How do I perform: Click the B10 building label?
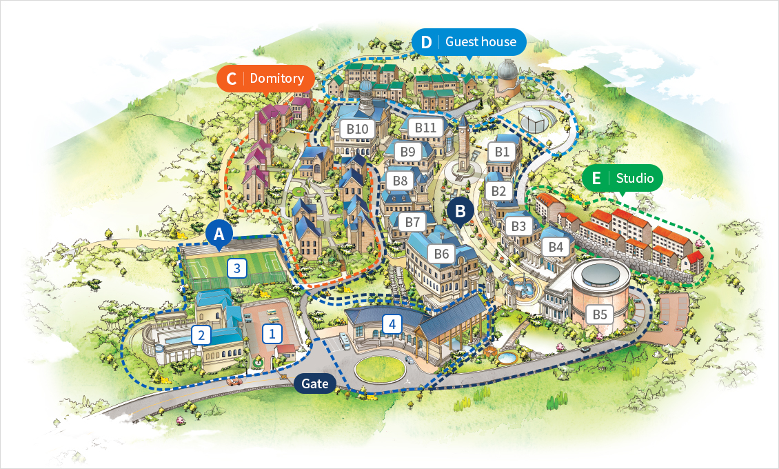358,128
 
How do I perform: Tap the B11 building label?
426,128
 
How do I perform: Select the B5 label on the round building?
600,315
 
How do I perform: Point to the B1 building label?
502,151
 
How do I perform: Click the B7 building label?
412,223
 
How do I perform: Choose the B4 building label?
556,247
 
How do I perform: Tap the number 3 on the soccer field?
237,268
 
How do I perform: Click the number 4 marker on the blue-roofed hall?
392,323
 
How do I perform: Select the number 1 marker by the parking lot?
272,335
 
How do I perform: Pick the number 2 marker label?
201,336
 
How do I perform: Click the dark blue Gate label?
315,383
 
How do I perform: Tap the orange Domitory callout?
265,79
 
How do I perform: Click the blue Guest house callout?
469,42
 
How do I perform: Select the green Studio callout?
623,178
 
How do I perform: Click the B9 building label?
408,152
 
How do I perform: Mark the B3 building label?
518,226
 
